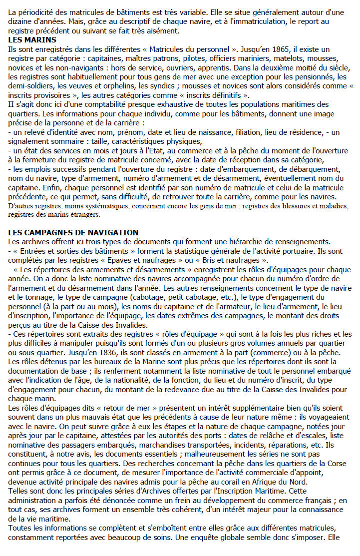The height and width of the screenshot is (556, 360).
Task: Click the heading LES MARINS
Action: (x=32, y=39)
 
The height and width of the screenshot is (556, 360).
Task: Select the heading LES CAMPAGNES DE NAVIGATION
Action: (x=74, y=233)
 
